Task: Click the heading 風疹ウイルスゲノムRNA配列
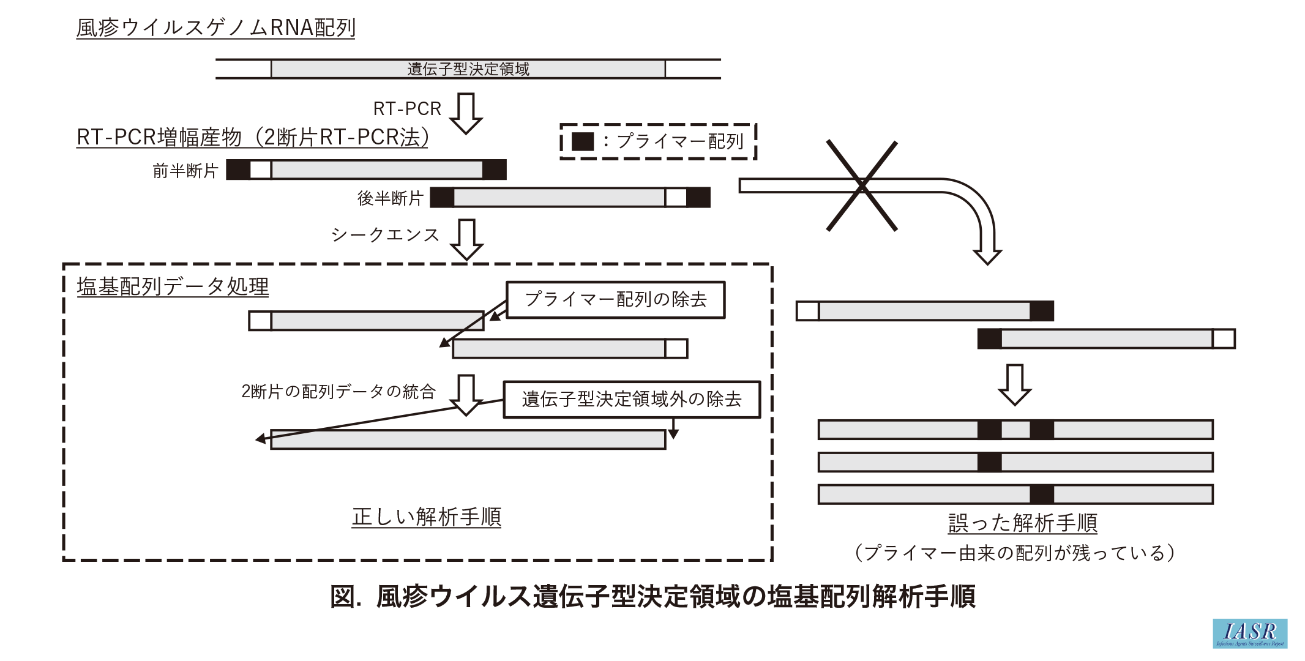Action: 215,28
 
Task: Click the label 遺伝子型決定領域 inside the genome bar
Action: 468,69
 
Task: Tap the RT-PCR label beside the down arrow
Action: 407,109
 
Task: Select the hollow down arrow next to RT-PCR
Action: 466,113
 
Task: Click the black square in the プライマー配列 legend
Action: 582,141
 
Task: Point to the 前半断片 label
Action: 185,170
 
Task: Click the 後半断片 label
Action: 390,198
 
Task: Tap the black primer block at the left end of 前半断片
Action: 238,170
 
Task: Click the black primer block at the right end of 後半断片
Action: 698,198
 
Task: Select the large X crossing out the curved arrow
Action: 862,185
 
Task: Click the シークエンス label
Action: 385,235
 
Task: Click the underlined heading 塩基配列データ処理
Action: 173,286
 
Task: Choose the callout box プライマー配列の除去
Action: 615,300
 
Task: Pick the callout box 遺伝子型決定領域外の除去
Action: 631,400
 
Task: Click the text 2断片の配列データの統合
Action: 338,392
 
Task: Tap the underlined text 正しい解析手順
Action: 426,517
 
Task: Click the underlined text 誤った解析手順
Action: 1022,523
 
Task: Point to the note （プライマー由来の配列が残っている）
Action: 1014,553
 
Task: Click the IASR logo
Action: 1250,633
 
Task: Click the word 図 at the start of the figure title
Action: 343,597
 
